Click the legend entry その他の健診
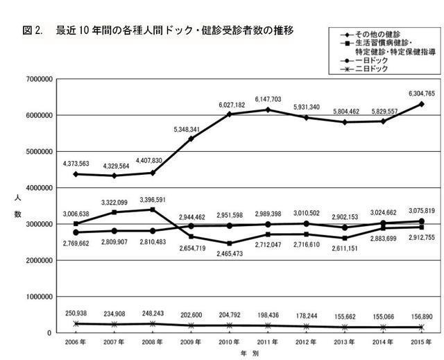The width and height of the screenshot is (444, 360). click(377, 34)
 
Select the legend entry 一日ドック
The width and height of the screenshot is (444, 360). click(373, 60)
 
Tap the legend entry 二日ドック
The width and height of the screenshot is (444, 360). click(373, 69)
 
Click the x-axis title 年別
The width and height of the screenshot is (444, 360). click(248, 354)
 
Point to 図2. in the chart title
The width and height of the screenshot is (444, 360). click(33, 31)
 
